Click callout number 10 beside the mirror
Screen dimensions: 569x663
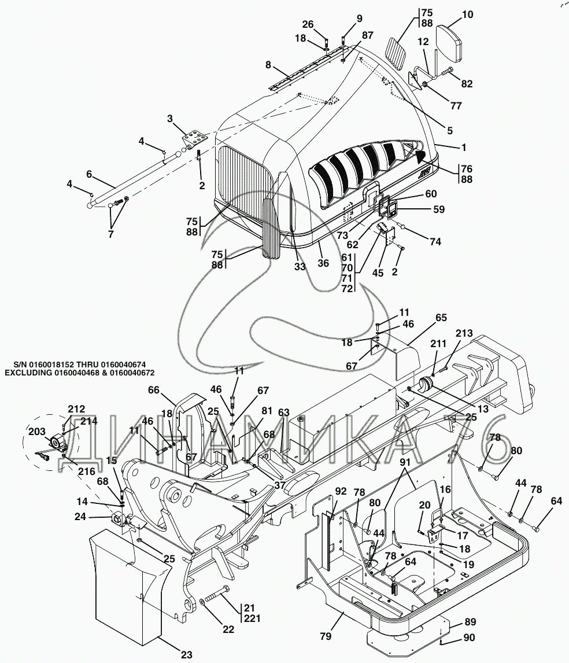[467, 15]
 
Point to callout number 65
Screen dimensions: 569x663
[441, 318]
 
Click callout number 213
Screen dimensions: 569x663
[464, 333]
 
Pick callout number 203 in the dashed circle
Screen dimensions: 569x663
[37, 432]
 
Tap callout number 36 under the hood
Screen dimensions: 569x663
[323, 263]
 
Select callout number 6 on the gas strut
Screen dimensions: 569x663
[89, 174]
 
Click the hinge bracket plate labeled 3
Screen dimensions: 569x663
[194, 139]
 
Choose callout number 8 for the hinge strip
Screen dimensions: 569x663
[268, 66]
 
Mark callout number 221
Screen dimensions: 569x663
[252, 618]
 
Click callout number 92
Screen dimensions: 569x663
[341, 491]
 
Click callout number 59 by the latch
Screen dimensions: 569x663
[439, 209]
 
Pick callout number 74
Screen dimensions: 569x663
[435, 241]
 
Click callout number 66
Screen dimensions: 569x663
[153, 389]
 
